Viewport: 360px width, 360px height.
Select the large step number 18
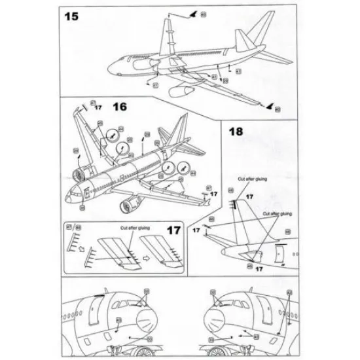(x=237, y=131)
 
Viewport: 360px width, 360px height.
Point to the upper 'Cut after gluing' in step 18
(x=253, y=184)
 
